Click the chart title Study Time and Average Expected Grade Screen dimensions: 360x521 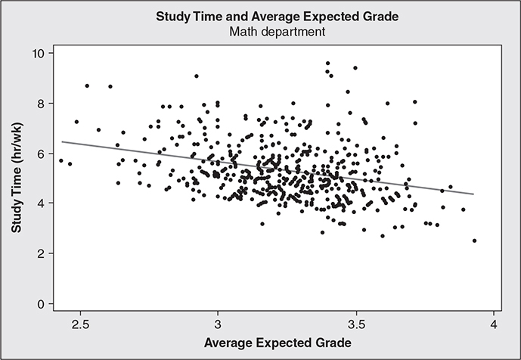tap(260, 16)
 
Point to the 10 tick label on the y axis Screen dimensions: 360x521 tap(36, 53)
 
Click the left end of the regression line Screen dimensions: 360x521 tap(61, 141)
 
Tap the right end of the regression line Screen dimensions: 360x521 tap(474, 194)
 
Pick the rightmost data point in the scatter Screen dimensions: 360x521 tap(474, 241)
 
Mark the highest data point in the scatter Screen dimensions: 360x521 tap(327, 64)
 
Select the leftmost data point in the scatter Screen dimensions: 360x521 tap(60, 160)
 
